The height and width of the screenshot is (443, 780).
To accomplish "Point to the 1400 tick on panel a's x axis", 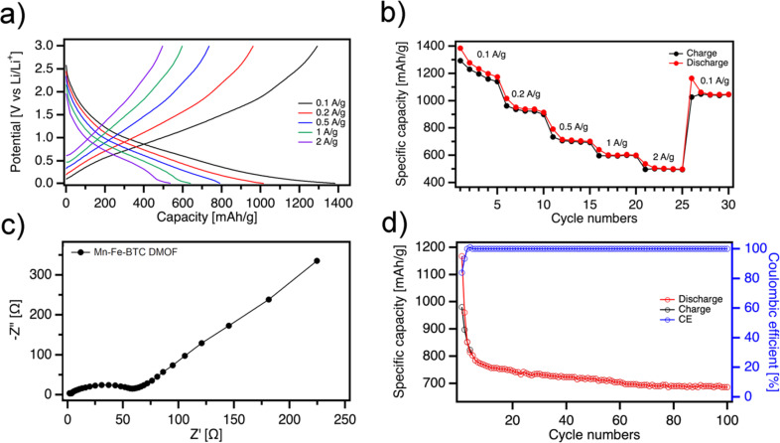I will point(335,202).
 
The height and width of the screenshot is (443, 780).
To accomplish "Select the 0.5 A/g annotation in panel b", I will point(574,126).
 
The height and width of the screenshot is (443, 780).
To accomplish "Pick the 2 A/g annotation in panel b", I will point(665,157).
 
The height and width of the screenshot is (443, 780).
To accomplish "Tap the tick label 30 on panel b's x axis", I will point(728,202).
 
